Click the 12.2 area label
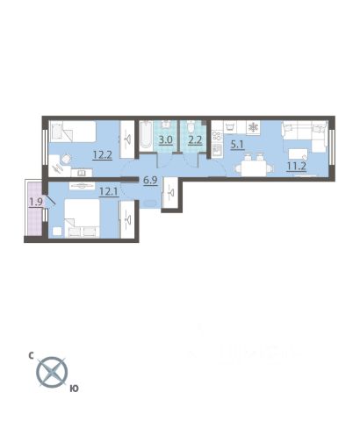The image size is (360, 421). [x=102, y=154]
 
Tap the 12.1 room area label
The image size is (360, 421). [x=109, y=192]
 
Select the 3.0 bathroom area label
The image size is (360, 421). [x=165, y=139]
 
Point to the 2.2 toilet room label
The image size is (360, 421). [x=195, y=139]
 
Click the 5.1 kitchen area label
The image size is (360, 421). [x=237, y=145]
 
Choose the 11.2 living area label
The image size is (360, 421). [x=297, y=166]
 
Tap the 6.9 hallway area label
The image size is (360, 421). [x=150, y=180]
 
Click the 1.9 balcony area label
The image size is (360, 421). [x=36, y=202]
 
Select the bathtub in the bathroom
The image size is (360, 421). [x=146, y=136]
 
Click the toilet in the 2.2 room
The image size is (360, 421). [x=191, y=127]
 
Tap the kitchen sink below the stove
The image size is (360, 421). [x=217, y=150]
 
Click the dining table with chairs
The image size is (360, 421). [x=254, y=167]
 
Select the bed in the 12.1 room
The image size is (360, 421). [x=82, y=218]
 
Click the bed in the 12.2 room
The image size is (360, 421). [x=74, y=132]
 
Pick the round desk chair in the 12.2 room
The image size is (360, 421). [x=67, y=159]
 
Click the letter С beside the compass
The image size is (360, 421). [x=31, y=355]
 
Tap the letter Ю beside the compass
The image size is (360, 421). [x=75, y=389]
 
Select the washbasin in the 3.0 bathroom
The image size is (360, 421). [x=166, y=124]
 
